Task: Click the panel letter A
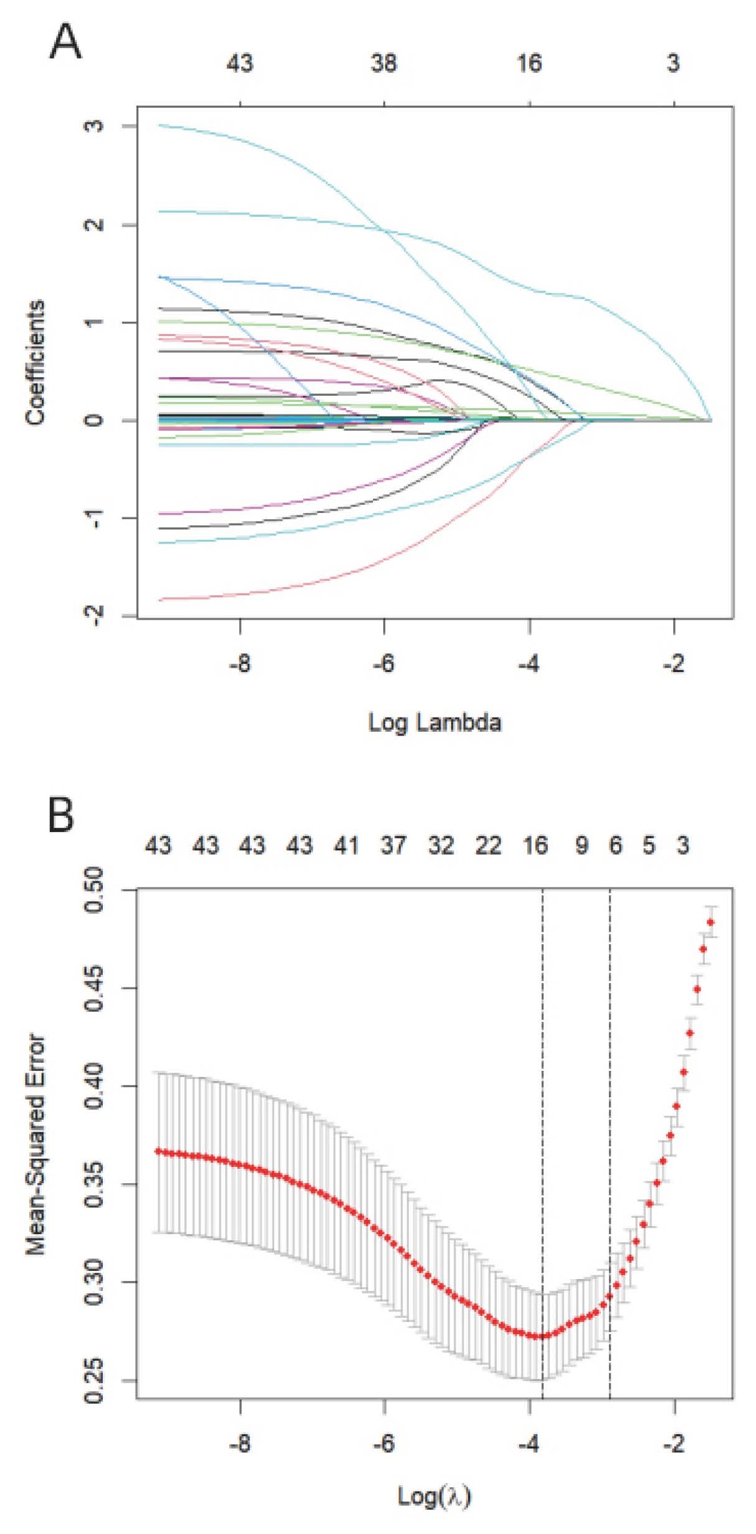[65, 42]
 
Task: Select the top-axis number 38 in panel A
[384, 64]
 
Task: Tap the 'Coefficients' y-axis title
[36, 363]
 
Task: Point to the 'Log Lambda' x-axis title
[434, 722]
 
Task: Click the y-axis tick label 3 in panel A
[93, 127]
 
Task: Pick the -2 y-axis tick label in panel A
[93, 616]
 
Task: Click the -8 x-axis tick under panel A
[240, 664]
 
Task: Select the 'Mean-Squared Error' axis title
[36, 1144]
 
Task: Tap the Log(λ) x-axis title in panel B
[434, 1496]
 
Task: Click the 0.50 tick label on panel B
[93, 890]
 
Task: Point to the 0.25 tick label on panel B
[93, 1380]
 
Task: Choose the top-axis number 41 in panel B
[347, 846]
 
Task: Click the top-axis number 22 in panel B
[488, 846]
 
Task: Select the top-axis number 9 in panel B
[581, 846]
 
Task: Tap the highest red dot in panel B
[711, 923]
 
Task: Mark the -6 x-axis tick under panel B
[384, 1442]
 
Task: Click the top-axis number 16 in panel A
[529, 64]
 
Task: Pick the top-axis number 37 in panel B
[393, 846]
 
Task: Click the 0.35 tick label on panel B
[93, 1184]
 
